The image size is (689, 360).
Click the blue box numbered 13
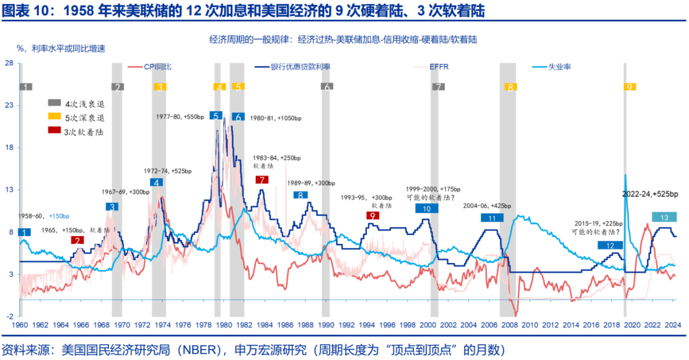[x=664, y=218]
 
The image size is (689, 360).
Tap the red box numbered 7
[x=261, y=180]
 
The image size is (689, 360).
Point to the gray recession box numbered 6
[x=326, y=87]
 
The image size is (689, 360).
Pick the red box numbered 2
[x=77, y=240]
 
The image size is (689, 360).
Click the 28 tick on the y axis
[x=10, y=63]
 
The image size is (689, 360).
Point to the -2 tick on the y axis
[x=10, y=316]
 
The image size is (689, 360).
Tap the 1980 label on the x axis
[x=223, y=326]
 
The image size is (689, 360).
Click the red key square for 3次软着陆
[x=54, y=131]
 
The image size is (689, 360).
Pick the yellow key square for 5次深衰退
[x=54, y=117]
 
